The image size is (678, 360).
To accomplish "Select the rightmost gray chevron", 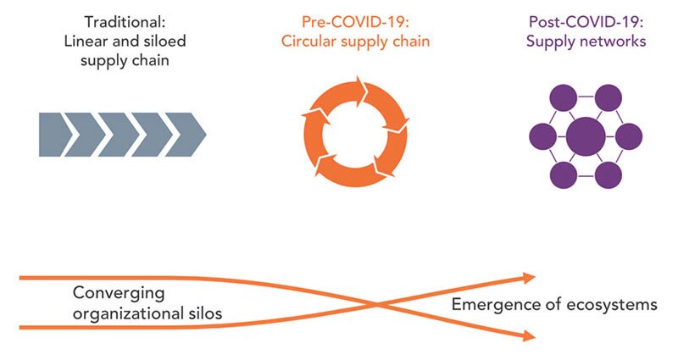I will click(x=184, y=135).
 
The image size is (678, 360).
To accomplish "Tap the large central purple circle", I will click(x=585, y=135).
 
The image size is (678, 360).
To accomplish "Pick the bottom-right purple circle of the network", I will click(x=607, y=173).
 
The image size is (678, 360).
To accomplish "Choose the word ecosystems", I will click(x=610, y=304).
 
